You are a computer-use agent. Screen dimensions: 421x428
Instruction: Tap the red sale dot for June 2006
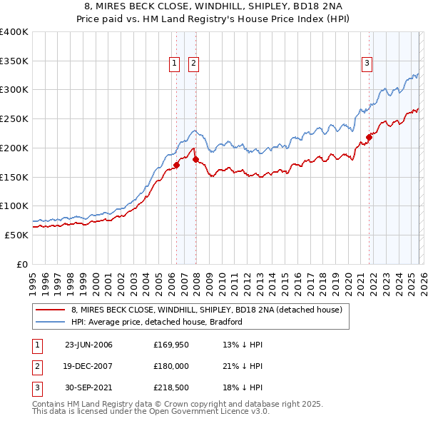[176, 166]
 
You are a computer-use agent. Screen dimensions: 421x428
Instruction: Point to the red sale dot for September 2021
[370, 137]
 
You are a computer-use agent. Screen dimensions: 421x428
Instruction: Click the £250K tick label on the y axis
[14, 119]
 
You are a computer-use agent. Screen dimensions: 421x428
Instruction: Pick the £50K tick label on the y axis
[16, 235]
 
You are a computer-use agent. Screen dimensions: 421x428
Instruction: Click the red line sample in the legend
[50, 310]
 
